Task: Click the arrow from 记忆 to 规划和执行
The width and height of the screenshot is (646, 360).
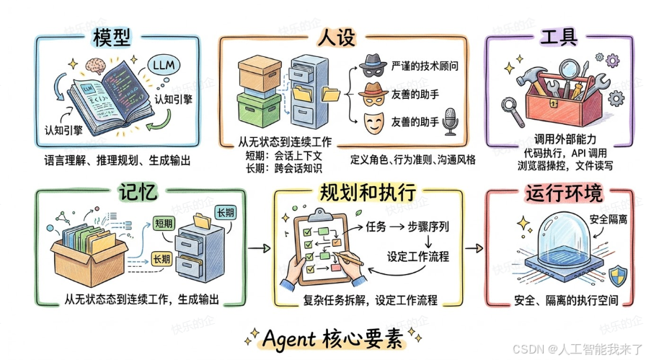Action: click(257, 247)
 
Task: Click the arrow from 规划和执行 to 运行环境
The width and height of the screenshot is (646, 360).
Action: click(472, 247)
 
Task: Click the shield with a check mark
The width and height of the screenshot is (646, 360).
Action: click(617, 274)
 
